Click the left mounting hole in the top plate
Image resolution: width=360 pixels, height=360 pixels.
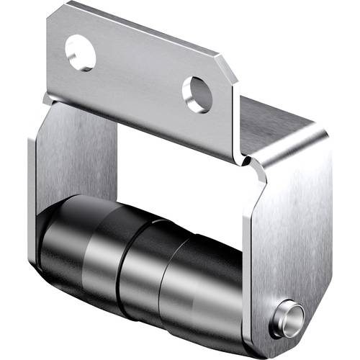click(x=80, y=53)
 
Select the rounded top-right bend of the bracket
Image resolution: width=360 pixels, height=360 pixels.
click(x=317, y=137)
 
